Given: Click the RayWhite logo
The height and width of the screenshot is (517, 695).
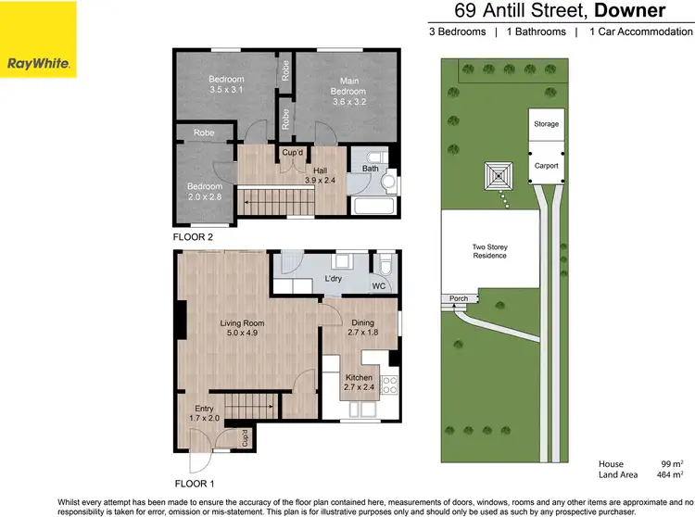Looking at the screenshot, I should [x=39, y=39].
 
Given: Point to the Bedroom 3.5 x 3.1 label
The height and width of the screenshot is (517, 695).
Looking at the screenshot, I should [x=225, y=84].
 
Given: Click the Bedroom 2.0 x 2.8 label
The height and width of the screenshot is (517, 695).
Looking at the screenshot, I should [x=205, y=192].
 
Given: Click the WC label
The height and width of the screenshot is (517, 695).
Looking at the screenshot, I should [x=378, y=286].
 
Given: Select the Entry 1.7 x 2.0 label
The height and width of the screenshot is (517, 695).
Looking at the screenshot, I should [x=204, y=413].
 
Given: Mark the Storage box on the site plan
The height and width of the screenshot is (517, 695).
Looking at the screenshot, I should [x=545, y=123].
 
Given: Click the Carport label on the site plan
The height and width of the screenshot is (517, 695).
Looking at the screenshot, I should [x=545, y=165].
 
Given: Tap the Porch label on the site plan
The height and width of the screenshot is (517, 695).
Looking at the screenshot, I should [x=458, y=298].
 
